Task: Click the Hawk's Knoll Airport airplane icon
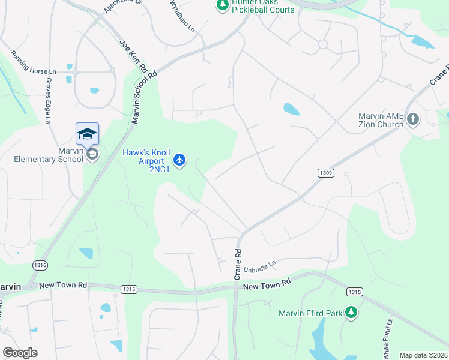(179, 160)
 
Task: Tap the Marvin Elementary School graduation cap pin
(87, 133)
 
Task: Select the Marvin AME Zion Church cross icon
(412, 119)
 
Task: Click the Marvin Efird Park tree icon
(352, 312)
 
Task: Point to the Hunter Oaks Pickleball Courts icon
(223, 5)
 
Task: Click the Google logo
(20, 353)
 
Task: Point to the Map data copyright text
(423, 355)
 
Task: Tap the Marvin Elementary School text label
(49, 155)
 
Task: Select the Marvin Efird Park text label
(310, 313)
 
